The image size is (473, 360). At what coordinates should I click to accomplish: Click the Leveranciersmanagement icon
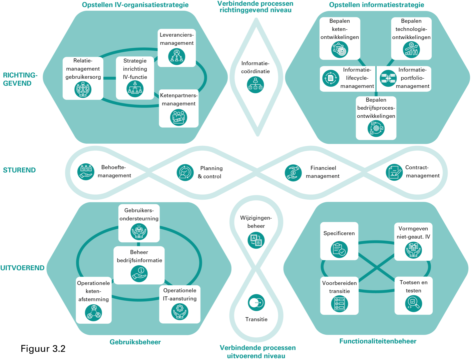pos(176,56)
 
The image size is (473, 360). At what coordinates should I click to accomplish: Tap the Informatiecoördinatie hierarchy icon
pos(255,85)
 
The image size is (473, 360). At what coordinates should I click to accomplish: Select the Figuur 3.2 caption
pos(43,348)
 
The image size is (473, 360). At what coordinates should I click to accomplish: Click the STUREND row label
pos(19,170)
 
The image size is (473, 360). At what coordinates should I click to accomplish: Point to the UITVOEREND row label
pos(22,268)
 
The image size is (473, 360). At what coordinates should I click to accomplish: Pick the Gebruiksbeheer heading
pos(135,342)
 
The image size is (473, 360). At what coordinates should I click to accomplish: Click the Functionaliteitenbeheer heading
pos(378,341)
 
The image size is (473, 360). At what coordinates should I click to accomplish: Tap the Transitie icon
pos(256,303)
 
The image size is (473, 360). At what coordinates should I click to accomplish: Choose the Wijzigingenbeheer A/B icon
pos(256,240)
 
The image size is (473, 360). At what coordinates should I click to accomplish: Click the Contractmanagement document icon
pos(394,172)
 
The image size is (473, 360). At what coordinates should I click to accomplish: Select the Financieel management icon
pos(293,173)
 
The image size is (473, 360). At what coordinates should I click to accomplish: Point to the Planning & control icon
pos(185,172)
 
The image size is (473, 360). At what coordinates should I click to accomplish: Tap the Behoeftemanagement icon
pos(85,172)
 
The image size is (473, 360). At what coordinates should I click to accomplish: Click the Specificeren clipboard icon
pos(339,250)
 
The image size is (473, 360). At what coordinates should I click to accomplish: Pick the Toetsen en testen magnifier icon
pos(413,304)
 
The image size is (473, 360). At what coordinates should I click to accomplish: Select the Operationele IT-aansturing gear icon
pos(179,312)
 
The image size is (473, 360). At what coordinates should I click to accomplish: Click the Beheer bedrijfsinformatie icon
pos(139,274)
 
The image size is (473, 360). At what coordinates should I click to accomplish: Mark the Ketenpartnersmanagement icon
pos(178,117)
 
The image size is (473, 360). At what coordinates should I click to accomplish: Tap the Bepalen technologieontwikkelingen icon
pos(411,50)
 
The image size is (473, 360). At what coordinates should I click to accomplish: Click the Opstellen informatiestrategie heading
pos(377,5)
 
